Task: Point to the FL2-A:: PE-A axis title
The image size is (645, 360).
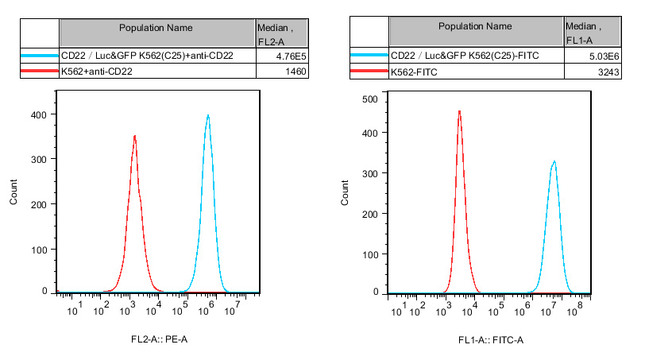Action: (160, 339)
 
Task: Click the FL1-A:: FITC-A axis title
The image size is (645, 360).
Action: (491, 340)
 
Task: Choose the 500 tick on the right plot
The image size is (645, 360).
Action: (369, 99)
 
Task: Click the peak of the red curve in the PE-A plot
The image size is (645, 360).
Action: (135, 136)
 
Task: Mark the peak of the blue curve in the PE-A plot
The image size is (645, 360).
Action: (208, 115)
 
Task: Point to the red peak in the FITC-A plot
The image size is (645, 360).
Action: (459, 111)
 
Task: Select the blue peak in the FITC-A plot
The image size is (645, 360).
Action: (554, 161)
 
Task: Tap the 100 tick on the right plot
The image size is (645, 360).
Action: (369, 254)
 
